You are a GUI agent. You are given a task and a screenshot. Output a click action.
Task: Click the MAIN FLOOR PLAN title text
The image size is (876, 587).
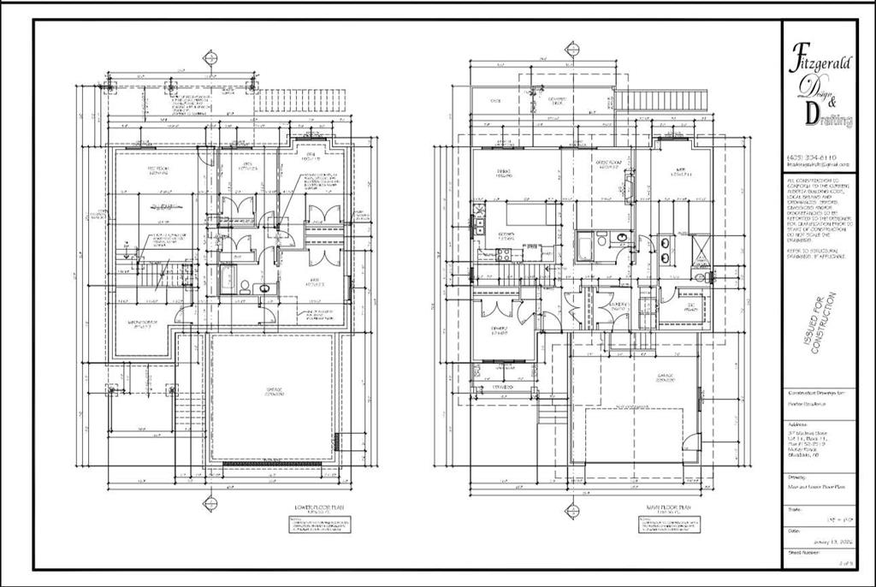pos(662,507)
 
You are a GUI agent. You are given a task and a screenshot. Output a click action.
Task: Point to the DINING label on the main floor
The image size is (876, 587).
pos(504,174)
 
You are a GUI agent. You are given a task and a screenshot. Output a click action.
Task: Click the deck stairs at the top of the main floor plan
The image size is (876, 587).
pos(662,102)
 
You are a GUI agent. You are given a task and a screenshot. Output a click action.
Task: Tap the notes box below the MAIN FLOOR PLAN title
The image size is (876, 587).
pos(662,526)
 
